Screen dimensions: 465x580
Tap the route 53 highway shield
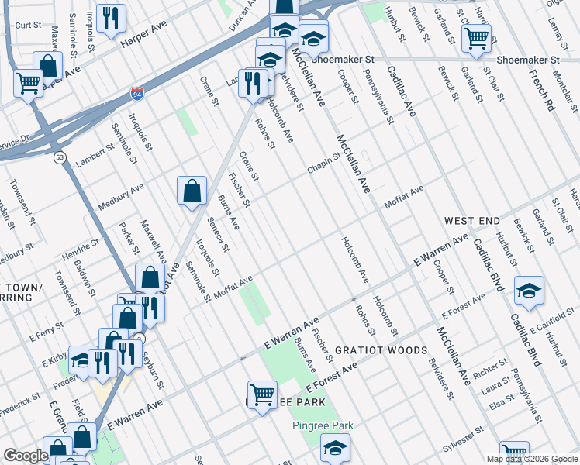click(x=60, y=157)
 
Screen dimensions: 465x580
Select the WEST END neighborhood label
click(x=472, y=222)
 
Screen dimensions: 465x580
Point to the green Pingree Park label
click(x=323, y=425)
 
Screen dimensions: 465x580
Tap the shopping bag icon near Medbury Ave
click(x=192, y=191)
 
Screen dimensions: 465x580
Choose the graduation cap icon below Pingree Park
click(x=334, y=447)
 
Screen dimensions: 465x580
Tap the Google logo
click(x=25, y=456)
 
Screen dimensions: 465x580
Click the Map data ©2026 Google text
click(x=531, y=459)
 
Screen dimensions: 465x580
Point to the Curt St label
click(x=28, y=25)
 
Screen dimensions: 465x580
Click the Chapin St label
click(x=326, y=161)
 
